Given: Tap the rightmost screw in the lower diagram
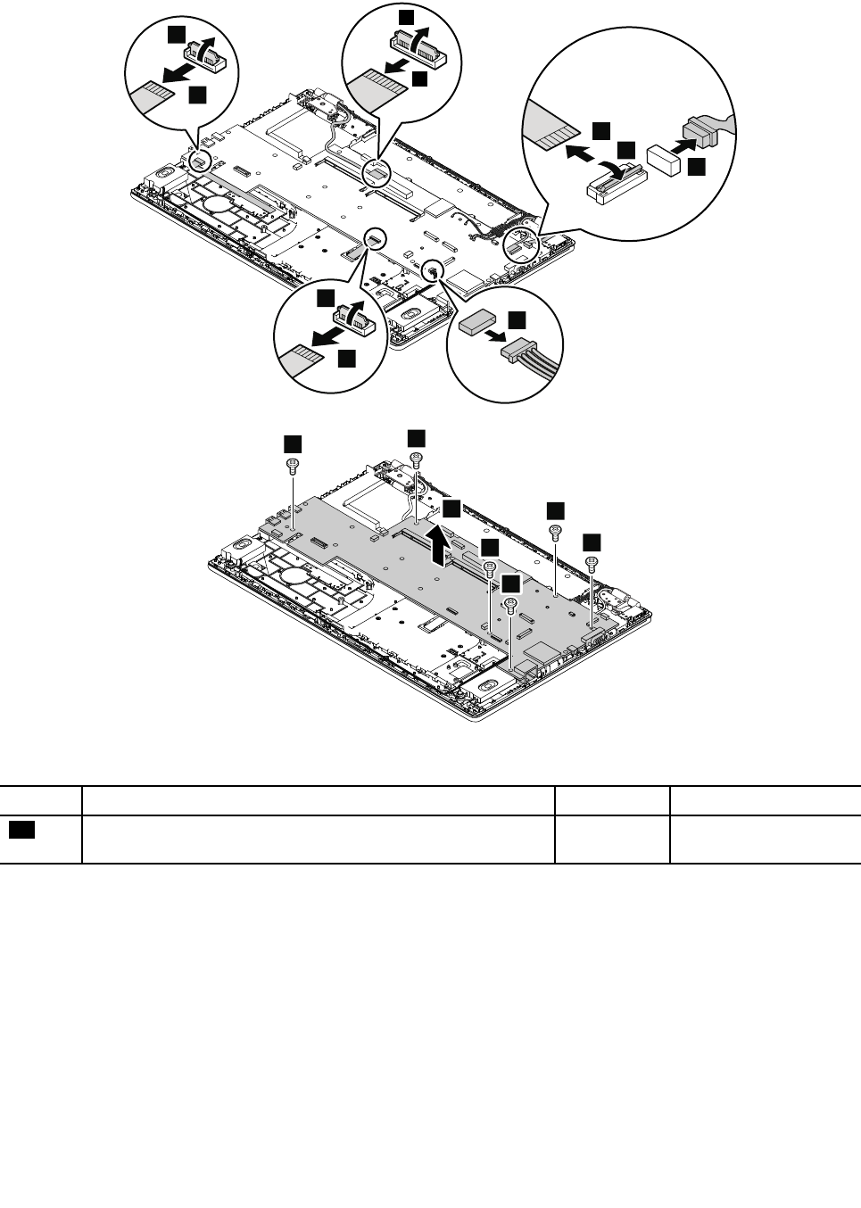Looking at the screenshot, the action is pyautogui.click(x=591, y=562).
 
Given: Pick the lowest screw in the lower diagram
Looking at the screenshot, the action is pyautogui.click(x=510, y=605).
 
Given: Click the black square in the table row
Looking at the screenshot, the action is pyautogui.click(x=22, y=831).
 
